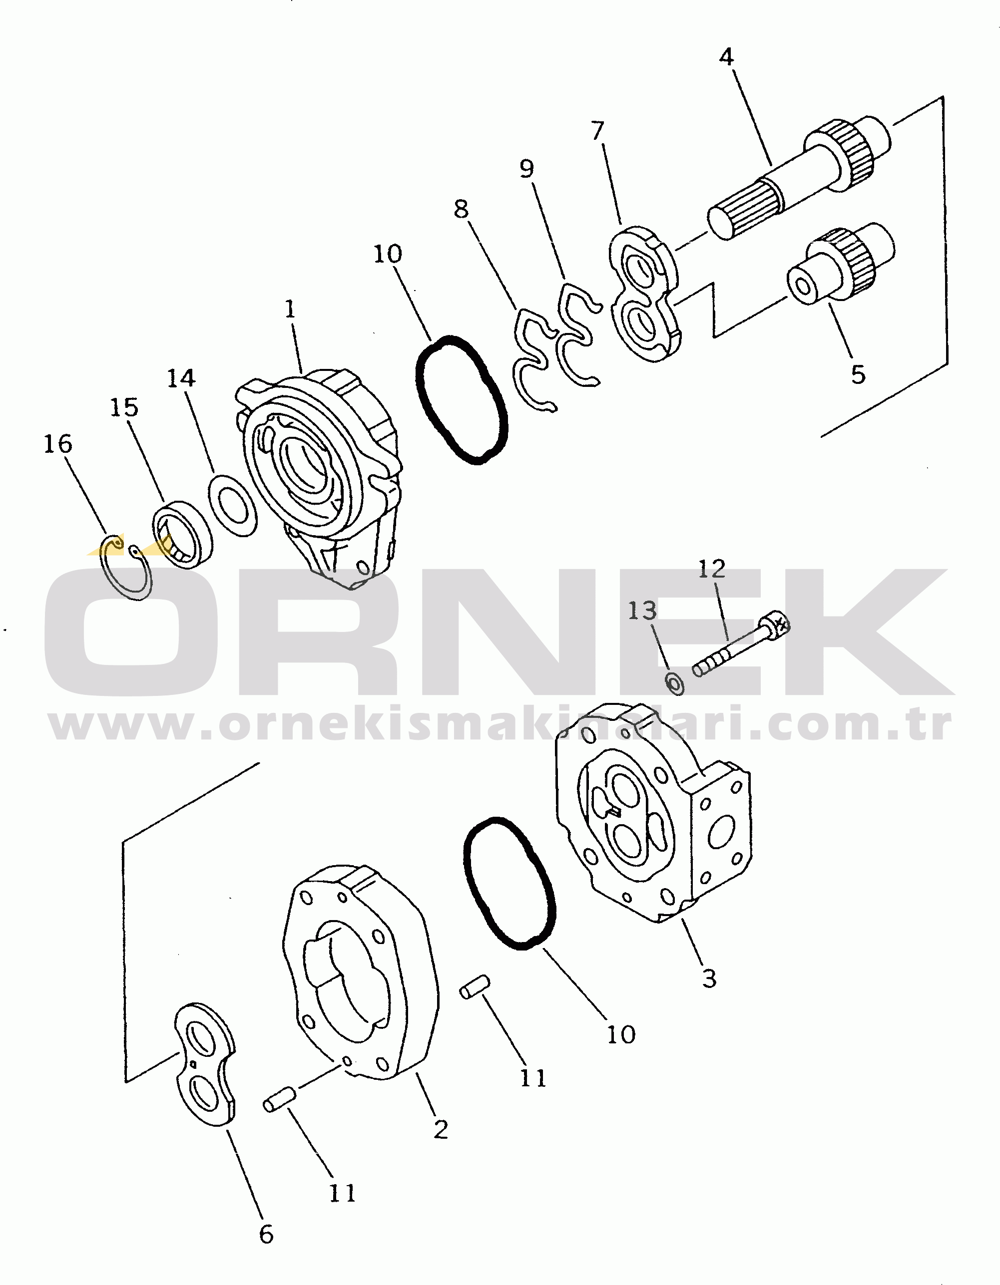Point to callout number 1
coord(290,310)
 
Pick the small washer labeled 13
coord(674,684)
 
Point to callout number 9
coord(527,169)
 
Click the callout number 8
coord(461,209)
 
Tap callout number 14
coord(181,378)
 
